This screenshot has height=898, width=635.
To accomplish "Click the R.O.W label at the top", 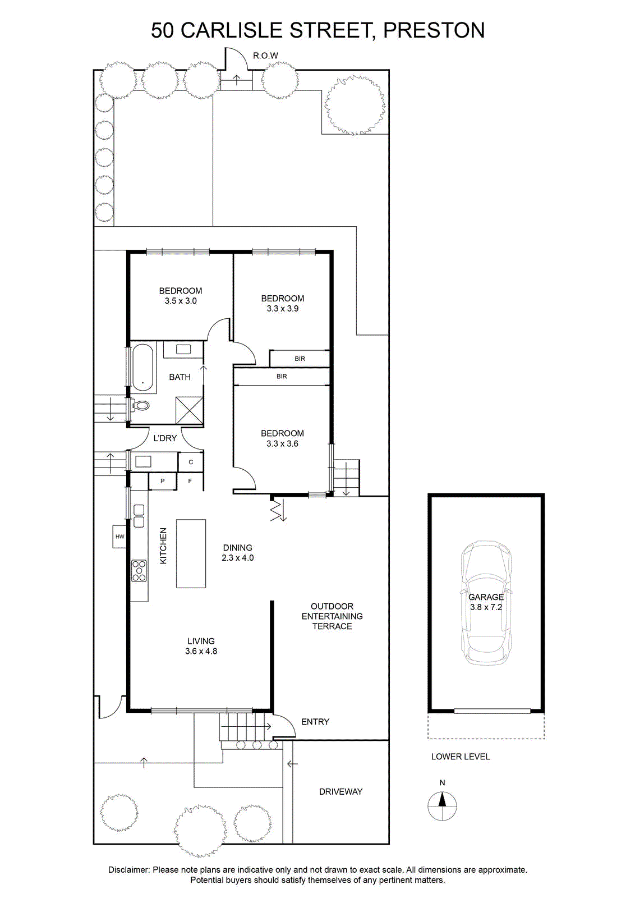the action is [265, 56].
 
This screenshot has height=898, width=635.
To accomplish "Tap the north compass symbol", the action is [442, 806].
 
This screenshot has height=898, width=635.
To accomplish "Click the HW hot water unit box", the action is [119, 537].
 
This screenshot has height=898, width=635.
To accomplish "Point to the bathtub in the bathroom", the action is [142, 368].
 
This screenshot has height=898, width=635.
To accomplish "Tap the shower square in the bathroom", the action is [190, 410].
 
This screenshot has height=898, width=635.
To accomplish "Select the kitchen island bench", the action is [191, 553].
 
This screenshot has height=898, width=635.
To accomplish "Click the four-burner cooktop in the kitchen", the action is [139, 570].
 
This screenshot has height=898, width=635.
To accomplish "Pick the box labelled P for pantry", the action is [163, 481].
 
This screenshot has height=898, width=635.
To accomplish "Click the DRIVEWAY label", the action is [340, 791].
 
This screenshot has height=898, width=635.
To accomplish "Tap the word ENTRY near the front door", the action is [315, 722].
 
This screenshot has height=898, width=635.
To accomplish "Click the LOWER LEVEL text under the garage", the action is [461, 757].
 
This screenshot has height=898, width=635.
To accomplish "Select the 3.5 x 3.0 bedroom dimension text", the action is [180, 301].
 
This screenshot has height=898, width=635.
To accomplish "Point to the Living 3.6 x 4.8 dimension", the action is [201, 652].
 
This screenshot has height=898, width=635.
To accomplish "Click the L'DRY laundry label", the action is [165, 438].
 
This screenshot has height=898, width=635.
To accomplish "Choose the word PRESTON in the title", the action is [434, 30].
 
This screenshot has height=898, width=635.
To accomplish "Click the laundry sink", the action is [142, 461].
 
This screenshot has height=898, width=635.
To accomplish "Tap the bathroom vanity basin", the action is [183, 349].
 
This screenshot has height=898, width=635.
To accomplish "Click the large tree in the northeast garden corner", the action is [355, 106].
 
